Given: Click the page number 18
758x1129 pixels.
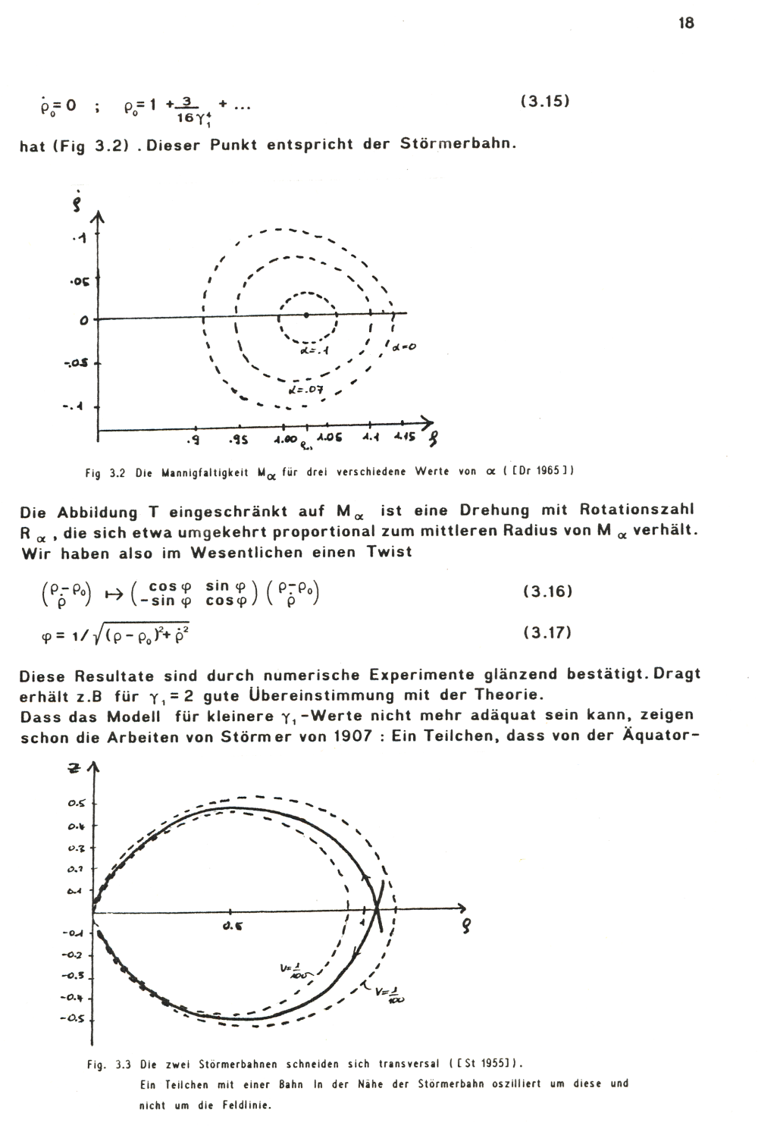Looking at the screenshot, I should [685, 23].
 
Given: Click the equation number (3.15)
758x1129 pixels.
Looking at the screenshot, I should [545, 101].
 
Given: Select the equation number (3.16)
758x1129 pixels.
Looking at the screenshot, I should [546, 591].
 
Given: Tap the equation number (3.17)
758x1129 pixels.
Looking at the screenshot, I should [546, 632].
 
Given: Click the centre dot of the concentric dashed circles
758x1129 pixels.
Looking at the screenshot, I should [305, 314].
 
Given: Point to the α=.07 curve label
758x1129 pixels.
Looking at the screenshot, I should [306, 390].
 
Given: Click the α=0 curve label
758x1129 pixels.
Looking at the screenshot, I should [406, 347].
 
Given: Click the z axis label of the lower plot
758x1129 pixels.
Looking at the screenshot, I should [74, 769].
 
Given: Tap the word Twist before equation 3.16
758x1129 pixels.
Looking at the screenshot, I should [389, 551].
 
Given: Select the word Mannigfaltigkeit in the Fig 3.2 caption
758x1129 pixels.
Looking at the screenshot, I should [202, 472].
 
